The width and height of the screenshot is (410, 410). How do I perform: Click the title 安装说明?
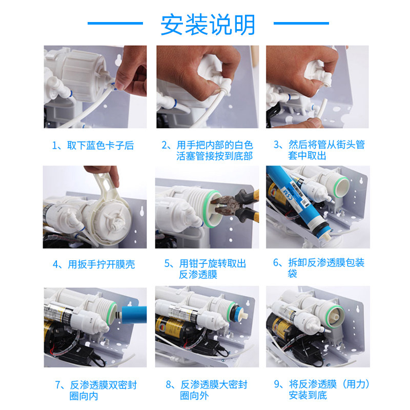208,25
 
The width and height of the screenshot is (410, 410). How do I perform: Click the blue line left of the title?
115,23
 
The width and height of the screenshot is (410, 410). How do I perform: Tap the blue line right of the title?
301,23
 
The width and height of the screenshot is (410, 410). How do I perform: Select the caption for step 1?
93,146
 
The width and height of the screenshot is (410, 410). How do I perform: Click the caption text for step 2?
207,150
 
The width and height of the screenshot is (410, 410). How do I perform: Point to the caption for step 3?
319,150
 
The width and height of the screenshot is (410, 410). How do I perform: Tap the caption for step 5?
206,269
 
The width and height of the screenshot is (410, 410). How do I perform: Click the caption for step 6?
319,268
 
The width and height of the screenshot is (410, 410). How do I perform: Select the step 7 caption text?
96,391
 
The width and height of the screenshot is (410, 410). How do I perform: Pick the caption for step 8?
207,390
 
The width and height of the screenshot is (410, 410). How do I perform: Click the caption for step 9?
322,389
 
